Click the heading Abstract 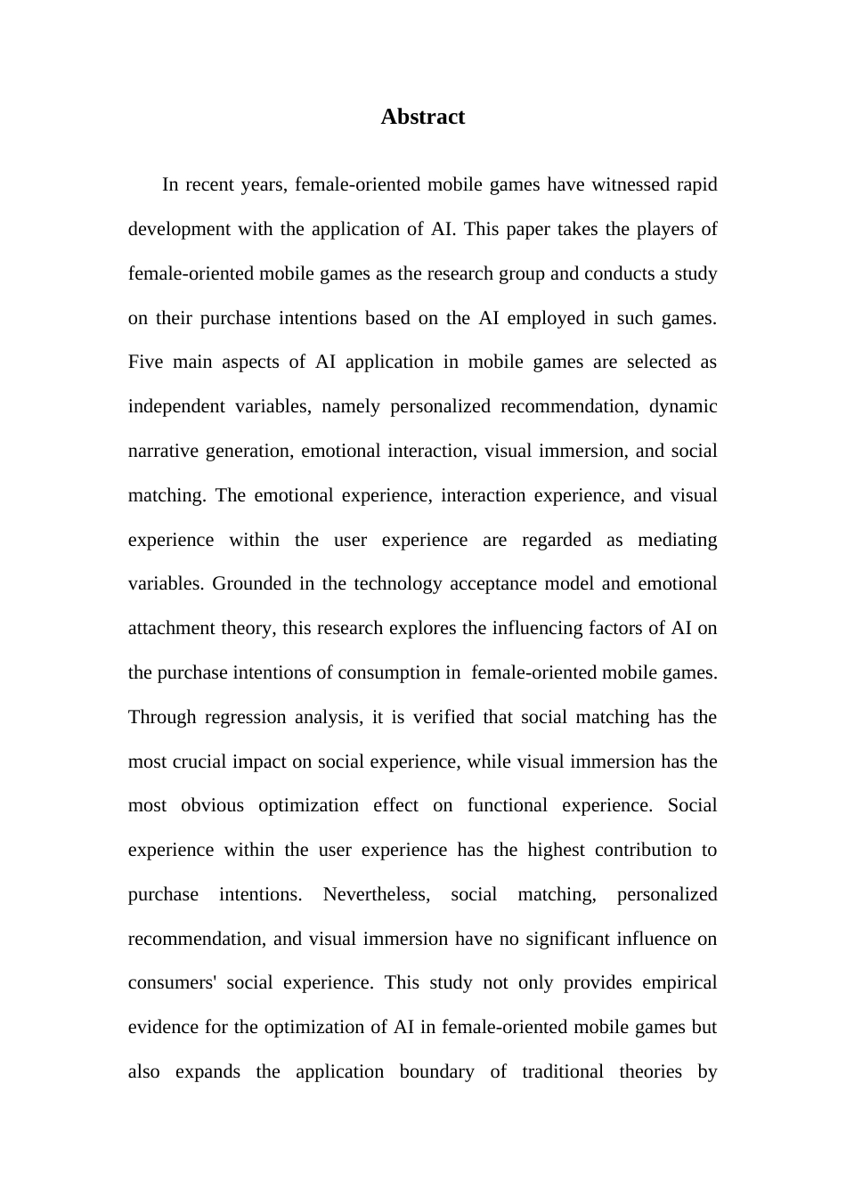[x=422, y=117]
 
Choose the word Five [x=146, y=362]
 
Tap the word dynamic [x=683, y=407]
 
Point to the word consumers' [x=170, y=983]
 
